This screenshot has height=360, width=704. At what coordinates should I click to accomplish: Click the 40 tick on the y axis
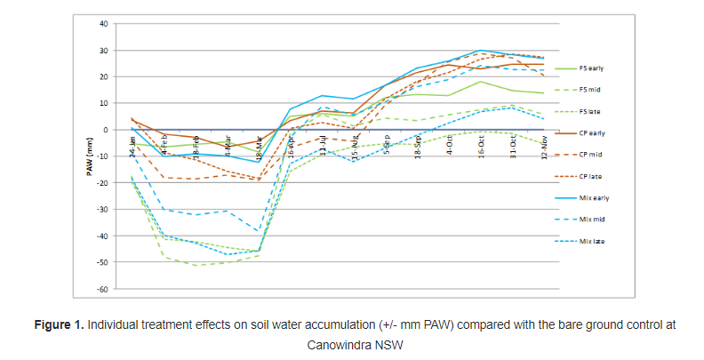point(104,24)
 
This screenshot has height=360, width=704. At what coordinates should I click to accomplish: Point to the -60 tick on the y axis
point(103,289)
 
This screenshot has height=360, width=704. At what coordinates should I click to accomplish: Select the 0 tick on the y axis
point(106,130)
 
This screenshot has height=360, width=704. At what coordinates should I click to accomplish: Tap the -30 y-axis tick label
point(103,210)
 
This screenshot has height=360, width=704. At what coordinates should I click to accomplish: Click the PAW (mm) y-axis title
point(89,156)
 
